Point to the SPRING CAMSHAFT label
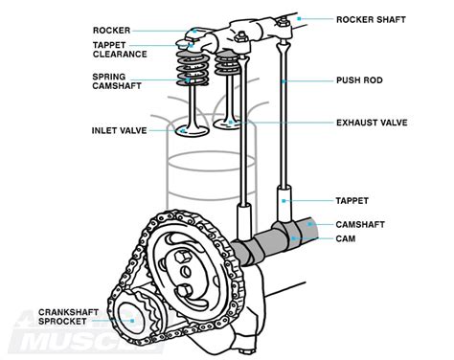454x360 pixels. click(117, 82)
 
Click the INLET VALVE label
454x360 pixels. click(120, 131)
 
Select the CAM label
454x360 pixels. click(348, 237)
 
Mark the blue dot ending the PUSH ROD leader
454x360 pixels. click(286, 81)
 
